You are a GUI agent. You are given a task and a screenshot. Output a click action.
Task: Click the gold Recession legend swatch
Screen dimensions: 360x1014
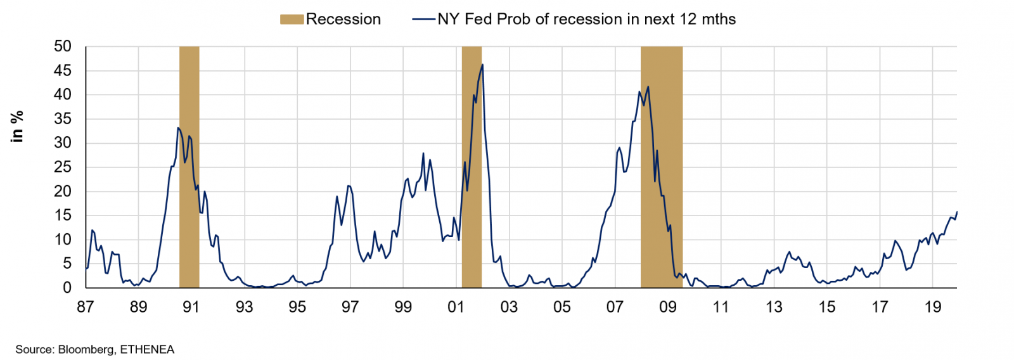(292, 20)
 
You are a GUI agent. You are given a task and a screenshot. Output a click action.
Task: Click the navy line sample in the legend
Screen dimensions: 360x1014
(423, 20)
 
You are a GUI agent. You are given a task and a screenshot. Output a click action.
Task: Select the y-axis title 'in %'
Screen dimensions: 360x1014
(17, 126)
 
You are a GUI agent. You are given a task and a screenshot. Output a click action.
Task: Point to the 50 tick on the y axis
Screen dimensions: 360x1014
(63, 46)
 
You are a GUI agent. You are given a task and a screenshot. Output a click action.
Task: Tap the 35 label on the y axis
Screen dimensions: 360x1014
(63, 119)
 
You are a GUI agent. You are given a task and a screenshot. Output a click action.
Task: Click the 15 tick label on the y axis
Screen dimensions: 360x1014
(63, 215)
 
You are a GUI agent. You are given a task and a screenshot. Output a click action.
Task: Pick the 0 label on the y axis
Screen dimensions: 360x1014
(67, 288)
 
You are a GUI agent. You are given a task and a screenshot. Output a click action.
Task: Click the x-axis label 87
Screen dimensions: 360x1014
(86, 307)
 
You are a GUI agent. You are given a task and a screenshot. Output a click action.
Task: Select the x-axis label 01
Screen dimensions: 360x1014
(456, 307)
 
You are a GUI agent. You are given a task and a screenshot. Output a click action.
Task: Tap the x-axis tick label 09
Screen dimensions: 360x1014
(668, 307)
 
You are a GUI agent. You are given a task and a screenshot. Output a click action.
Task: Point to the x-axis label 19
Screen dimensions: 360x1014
(932, 307)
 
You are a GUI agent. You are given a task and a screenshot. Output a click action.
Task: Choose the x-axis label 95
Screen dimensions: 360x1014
(297, 307)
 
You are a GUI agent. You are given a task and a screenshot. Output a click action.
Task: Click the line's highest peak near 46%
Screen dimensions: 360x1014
(483, 65)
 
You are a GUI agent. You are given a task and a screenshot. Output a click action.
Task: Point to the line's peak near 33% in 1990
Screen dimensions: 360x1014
(178, 128)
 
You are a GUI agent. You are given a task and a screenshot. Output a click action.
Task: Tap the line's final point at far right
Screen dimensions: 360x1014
(956, 212)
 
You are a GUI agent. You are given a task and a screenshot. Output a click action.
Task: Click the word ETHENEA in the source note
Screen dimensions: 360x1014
(147, 349)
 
